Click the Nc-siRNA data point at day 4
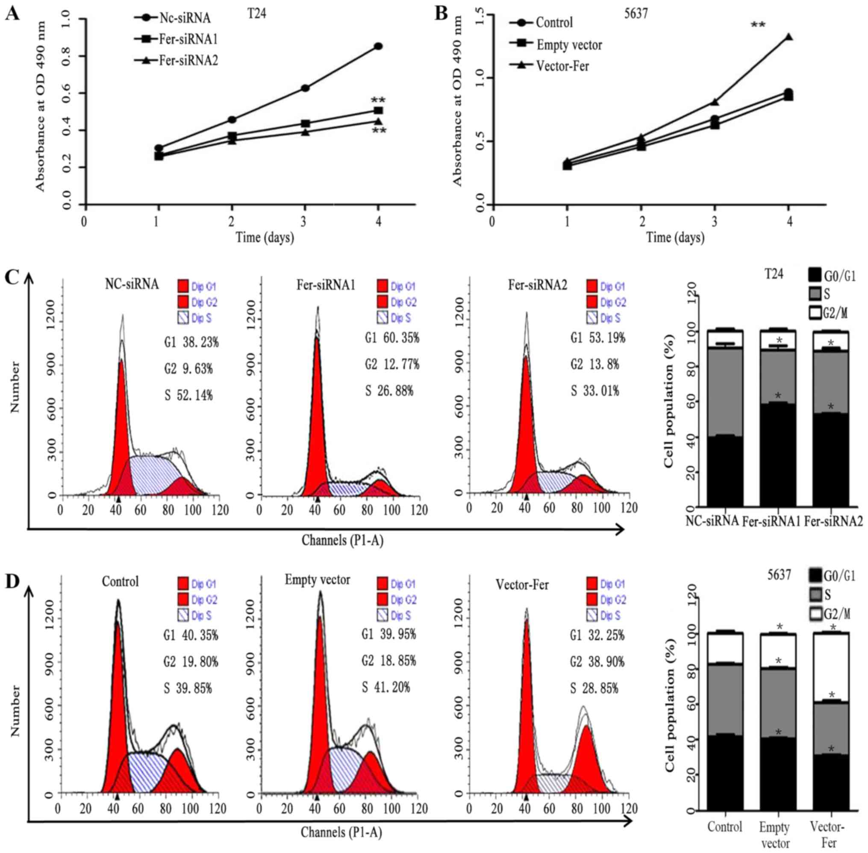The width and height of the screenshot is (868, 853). click(x=378, y=46)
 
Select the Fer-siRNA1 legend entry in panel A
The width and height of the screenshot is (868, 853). click(x=188, y=39)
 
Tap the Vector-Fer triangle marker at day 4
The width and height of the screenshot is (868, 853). click(x=789, y=37)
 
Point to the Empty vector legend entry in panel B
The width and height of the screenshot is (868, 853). click(x=569, y=45)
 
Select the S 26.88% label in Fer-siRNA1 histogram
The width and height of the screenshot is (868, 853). click(x=388, y=391)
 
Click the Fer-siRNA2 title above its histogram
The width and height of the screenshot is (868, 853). click(x=537, y=285)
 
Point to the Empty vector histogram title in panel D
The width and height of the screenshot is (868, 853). click(x=317, y=580)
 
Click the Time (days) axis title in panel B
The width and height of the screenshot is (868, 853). click(x=675, y=237)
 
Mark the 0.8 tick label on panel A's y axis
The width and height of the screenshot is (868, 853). click(x=67, y=56)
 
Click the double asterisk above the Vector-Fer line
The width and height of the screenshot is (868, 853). click(x=758, y=25)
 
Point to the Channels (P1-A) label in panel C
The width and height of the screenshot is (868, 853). click(x=342, y=540)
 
